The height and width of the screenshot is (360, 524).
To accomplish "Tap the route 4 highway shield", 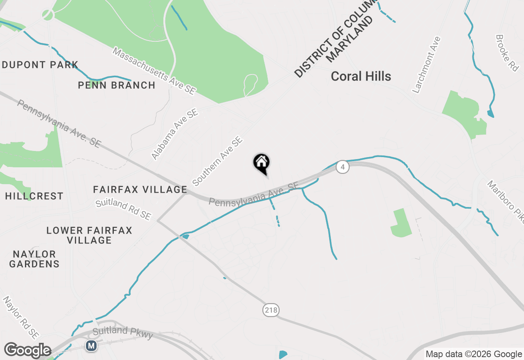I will pos(343,167).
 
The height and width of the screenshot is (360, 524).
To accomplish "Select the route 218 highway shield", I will pos(271,310).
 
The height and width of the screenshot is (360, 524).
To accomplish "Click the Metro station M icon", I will pos(91,346).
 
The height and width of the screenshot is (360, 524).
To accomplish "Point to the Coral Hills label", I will pos(361,76).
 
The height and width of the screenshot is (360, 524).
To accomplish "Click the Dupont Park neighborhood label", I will pos(40,65).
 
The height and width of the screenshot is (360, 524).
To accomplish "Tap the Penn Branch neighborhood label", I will pos(117,85).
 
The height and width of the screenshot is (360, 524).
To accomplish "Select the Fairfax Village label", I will pos(140,189).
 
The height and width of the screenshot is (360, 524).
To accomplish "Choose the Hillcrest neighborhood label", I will pos(34,196).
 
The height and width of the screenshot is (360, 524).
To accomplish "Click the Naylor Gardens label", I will pos(34,259).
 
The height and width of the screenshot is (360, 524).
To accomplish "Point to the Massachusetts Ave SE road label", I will pos(154,71).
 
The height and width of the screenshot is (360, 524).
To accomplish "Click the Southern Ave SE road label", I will pos(217,161).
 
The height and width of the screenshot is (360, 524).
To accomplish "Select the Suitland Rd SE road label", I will pos(123,209).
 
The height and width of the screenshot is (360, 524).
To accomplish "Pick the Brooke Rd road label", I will pos(507,53).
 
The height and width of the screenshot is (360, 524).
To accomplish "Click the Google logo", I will pos(27,351).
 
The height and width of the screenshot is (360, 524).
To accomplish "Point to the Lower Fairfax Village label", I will pos(89,235).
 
